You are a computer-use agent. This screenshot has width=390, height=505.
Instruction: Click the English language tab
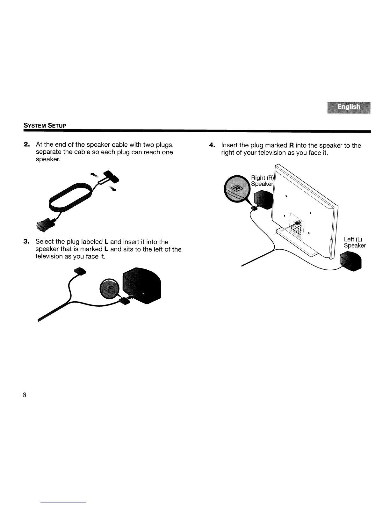tap(349, 107)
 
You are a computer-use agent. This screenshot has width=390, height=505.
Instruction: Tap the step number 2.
tap(27, 145)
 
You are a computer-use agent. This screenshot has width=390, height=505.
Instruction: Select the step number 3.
tap(27, 242)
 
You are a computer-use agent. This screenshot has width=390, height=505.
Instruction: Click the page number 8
tap(24, 395)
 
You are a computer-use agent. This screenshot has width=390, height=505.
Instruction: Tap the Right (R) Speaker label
tap(262, 181)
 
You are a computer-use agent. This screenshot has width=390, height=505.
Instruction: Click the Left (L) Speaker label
tap(355, 242)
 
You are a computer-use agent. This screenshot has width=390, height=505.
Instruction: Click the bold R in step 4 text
tap(291, 146)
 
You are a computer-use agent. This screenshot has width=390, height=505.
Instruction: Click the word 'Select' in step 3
tap(45, 242)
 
